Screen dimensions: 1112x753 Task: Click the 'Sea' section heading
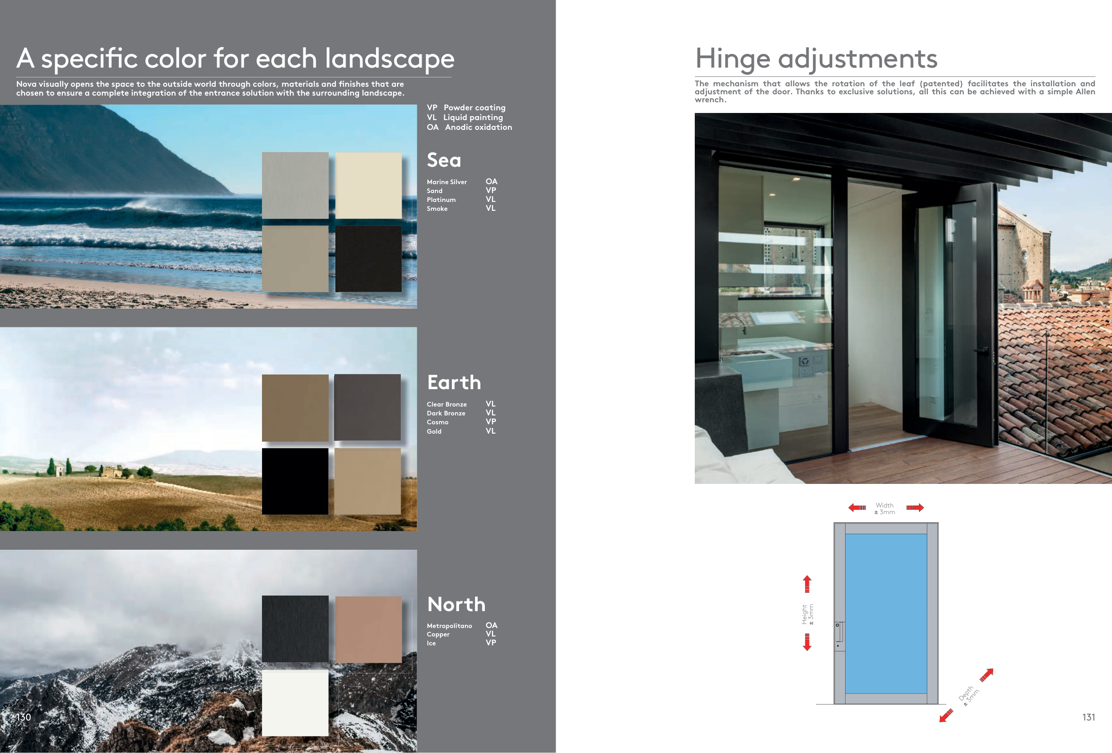(443, 160)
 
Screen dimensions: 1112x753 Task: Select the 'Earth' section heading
(454, 382)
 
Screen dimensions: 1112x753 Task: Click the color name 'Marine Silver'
(447, 182)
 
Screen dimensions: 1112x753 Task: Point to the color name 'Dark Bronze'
(446, 413)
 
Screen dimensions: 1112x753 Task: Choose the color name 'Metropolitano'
(449, 626)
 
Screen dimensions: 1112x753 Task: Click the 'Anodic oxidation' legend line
(469, 127)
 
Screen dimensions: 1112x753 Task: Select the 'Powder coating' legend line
(466, 108)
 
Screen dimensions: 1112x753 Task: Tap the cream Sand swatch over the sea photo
(368, 185)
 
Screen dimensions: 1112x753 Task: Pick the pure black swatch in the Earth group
(295, 481)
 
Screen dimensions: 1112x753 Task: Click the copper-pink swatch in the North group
(368, 629)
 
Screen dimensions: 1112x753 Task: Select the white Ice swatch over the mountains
(295, 703)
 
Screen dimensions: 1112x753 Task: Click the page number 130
(24, 717)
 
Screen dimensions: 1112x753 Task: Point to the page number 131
(1088, 717)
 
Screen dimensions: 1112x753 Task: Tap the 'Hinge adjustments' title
(816, 59)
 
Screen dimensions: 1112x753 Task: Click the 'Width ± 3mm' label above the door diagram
(885, 508)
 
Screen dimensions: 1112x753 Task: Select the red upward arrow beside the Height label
(807, 584)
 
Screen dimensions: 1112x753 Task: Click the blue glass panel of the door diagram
(886, 614)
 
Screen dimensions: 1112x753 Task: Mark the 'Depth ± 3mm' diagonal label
(968, 696)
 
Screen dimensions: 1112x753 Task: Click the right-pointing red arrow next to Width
(915, 507)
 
